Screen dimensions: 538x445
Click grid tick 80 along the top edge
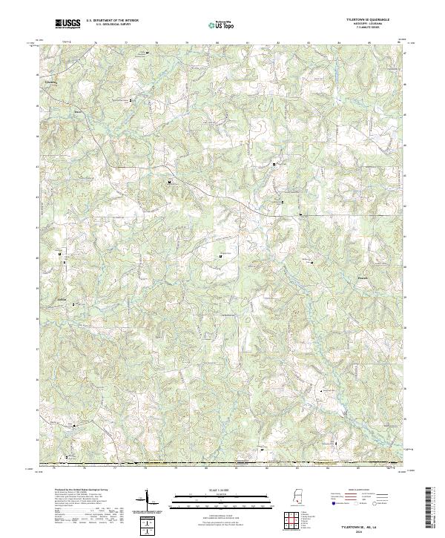[x=217, y=43]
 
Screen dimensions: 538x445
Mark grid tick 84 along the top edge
[x=338, y=43]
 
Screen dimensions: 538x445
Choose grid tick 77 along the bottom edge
[x=115, y=468]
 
